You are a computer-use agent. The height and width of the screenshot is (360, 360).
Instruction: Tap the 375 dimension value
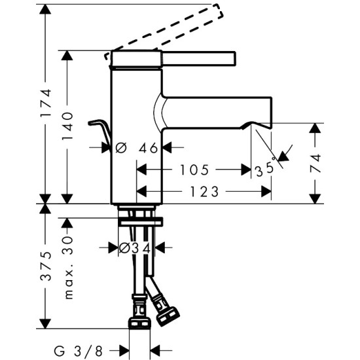point(45,266)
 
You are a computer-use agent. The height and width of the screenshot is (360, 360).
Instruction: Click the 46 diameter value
point(149,148)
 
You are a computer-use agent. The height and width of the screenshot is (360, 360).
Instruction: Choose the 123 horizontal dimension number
point(205,192)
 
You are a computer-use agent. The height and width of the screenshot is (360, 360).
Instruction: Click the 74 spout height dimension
point(315,162)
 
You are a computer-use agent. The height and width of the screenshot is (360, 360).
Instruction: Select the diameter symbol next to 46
point(120,148)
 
